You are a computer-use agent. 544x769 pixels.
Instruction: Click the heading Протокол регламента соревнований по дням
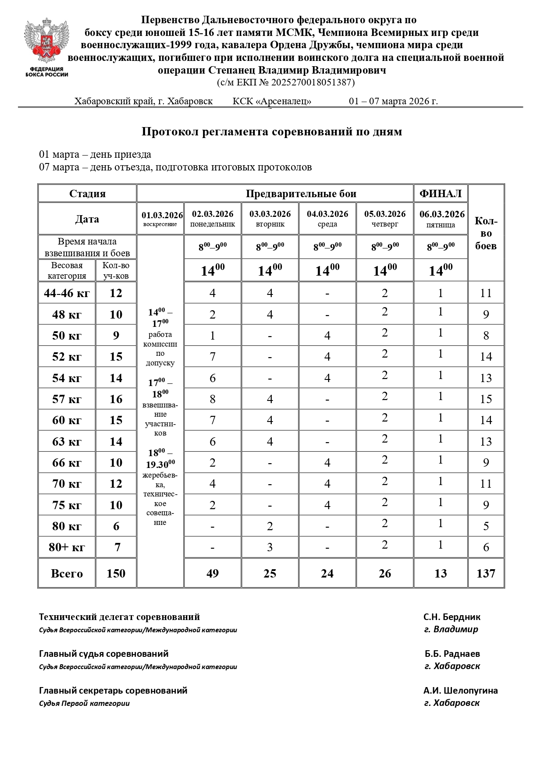point(272,132)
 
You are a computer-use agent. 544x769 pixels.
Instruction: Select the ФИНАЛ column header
point(441,194)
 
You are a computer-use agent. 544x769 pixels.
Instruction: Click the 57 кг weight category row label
point(67,399)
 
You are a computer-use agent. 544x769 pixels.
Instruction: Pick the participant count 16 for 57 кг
point(116,399)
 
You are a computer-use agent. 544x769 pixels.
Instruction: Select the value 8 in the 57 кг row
point(213,399)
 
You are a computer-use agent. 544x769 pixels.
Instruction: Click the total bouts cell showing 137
point(486,574)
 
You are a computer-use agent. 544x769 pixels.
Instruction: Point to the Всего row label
point(67,574)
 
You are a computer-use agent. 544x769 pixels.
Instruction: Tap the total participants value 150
point(116,574)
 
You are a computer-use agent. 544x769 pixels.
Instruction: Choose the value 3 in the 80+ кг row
point(270,547)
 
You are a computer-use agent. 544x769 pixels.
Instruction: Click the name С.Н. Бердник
point(452,617)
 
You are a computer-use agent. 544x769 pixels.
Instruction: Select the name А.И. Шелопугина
point(460,691)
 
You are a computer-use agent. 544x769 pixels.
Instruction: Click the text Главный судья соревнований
point(104,654)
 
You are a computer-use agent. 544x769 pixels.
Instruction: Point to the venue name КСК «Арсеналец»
point(272,102)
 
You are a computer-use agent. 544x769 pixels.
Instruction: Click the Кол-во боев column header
point(486,233)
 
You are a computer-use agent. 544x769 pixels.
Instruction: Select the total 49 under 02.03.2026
point(213,574)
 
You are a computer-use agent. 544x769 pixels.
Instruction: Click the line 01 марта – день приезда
point(95,155)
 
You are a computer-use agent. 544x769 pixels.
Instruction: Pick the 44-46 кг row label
point(67,293)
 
